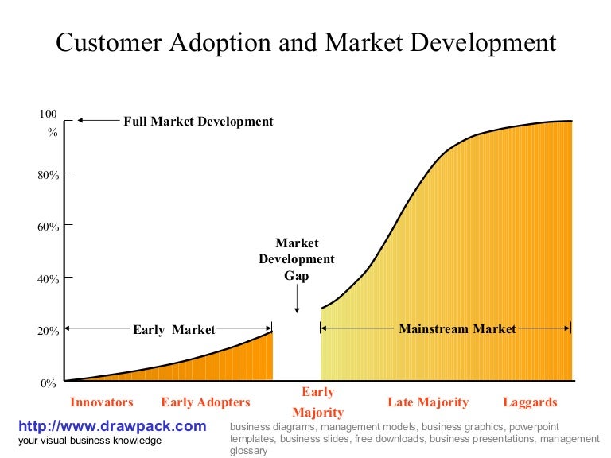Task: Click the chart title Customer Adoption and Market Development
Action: [305, 42]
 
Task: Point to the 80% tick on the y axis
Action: [49, 174]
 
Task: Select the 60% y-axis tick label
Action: [49, 227]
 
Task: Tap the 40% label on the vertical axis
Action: [49, 279]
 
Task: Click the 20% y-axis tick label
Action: [49, 332]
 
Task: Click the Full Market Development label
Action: [198, 122]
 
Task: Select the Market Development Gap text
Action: [297, 259]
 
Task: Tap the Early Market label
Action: [174, 328]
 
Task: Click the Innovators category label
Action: [102, 402]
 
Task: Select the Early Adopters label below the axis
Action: [205, 402]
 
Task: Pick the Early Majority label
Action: [317, 402]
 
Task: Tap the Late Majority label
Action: [428, 402]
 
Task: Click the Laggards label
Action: [530, 402]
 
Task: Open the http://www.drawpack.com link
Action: [112, 426]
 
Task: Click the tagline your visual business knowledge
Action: [90, 441]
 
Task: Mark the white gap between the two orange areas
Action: [297, 350]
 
